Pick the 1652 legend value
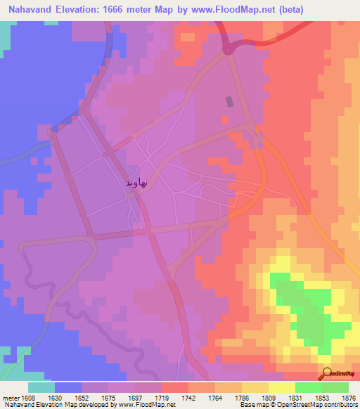point(89,398)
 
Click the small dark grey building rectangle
point(229,101)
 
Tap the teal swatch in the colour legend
point(41,387)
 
